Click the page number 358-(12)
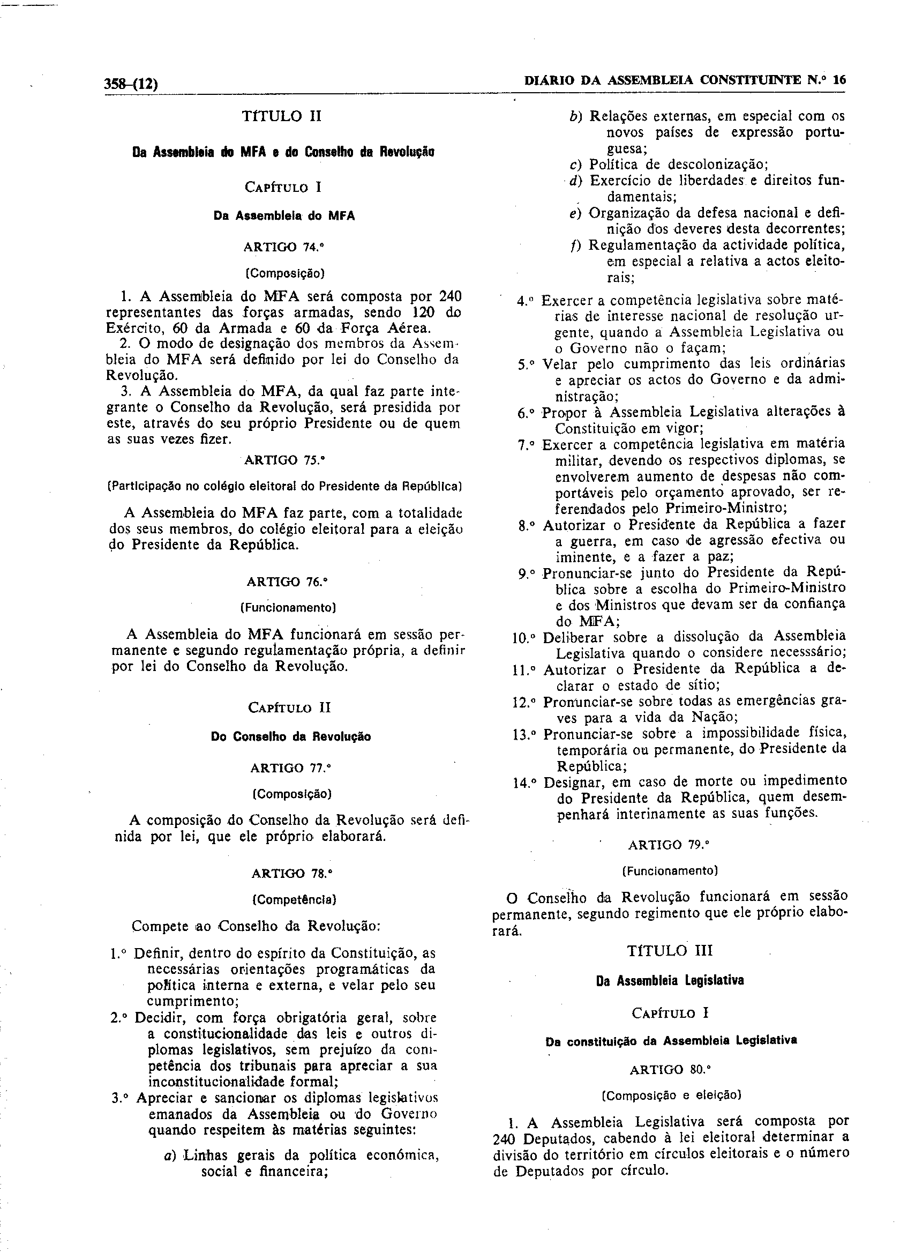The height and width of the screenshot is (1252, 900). pos(131,84)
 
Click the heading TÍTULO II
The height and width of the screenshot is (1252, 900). pos(281,116)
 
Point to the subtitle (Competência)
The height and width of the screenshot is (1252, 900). pos(294,899)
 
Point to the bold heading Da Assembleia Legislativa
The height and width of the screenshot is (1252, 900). pos(670,980)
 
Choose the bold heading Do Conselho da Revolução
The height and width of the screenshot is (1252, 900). pos(291,736)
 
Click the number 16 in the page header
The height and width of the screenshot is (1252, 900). pos(839,80)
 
